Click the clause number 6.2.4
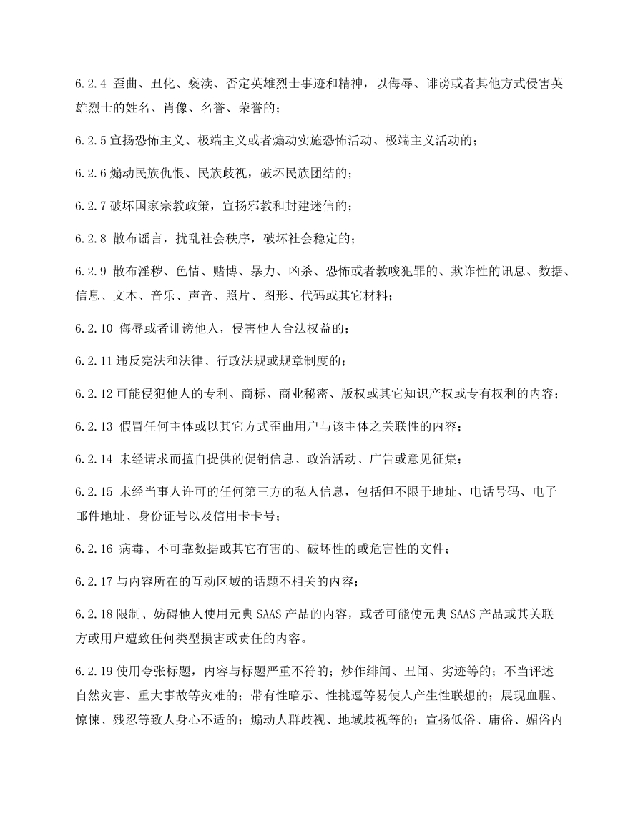[91, 85]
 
